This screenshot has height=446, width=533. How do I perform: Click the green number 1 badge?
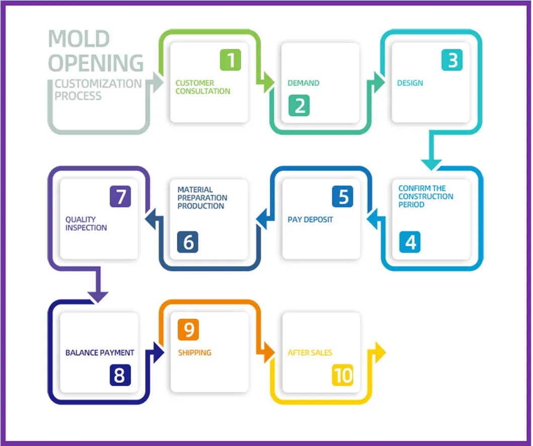click(x=231, y=60)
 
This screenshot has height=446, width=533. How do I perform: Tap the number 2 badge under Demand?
click(x=299, y=106)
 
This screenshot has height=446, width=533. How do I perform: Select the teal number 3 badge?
click(x=452, y=60)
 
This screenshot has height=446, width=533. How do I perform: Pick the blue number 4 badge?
click(x=410, y=242)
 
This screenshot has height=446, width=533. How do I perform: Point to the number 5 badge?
click(x=342, y=197)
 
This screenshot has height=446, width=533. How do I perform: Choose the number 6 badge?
click(x=188, y=242)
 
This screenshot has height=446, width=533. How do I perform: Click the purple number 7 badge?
click(x=120, y=197)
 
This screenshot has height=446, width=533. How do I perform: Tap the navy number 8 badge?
click(x=120, y=375)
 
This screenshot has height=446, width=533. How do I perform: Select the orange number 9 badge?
click(x=188, y=330)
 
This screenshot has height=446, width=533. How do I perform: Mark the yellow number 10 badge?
click(x=343, y=375)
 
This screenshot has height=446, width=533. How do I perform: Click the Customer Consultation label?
click(x=202, y=87)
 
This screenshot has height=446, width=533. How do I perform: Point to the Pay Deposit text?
click(x=310, y=220)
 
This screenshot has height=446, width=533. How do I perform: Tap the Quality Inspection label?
click(x=86, y=224)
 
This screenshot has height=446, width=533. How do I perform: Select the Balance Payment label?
click(x=100, y=353)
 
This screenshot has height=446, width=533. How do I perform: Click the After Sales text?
click(x=310, y=353)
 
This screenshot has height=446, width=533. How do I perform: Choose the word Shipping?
click(x=194, y=353)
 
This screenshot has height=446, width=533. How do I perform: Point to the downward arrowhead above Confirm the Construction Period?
click(x=431, y=164)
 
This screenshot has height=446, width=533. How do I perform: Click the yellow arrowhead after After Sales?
click(x=380, y=352)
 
